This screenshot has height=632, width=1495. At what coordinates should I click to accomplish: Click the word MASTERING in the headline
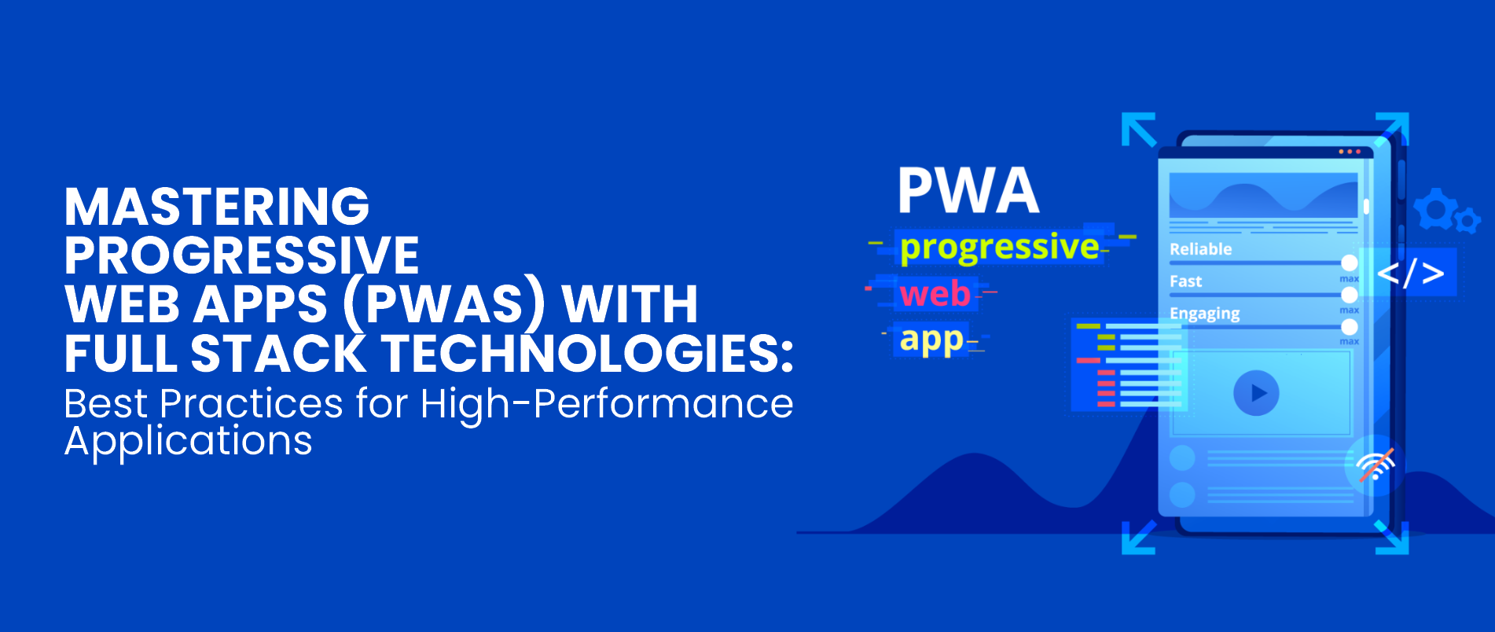tap(217, 206)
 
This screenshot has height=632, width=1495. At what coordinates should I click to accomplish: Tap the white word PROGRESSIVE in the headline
tap(242, 255)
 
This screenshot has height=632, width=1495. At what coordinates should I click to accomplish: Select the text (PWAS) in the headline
tap(444, 304)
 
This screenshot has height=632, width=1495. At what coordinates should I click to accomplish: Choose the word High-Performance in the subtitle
tap(606, 404)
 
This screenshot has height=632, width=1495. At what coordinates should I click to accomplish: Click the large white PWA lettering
tap(968, 190)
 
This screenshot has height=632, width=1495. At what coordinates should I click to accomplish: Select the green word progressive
tap(999, 248)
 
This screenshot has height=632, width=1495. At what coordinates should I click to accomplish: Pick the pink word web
tap(935, 294)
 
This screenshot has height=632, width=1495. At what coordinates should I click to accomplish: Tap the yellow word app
tap(931, 340)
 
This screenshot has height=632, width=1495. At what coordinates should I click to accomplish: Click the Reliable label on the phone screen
tap(1200, 249)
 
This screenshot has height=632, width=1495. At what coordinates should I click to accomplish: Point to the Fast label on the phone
tap(1185, 281)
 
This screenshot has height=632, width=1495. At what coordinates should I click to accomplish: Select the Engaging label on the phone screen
tap(1204, 314)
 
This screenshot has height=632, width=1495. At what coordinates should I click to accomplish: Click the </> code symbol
tap(1411, 274)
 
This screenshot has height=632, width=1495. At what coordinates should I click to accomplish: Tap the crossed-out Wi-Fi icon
tap(1376, 465)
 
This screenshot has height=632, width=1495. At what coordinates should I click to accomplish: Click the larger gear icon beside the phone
tap(1435, 208)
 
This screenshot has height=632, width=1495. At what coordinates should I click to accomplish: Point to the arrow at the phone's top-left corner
tap(1138, 130)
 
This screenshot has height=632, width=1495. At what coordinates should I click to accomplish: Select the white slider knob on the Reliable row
tap(1350, 263)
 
